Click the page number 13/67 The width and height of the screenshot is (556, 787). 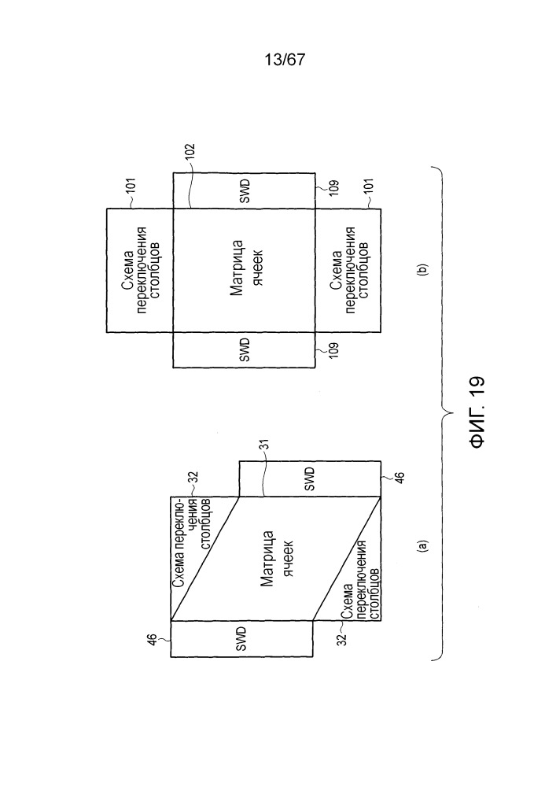(284, 61)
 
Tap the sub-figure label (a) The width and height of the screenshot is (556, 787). (422, 546)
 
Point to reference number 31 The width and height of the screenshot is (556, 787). (265, 445)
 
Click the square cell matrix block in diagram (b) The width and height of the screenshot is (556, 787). (244, 270)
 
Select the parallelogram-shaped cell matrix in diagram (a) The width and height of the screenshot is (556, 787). (276, 559)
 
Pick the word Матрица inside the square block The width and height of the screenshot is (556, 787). (237, 270)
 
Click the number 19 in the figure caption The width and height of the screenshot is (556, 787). (477, 386)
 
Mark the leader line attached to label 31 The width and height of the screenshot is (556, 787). (264, 475)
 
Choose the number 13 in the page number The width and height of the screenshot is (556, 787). (273, 61)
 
